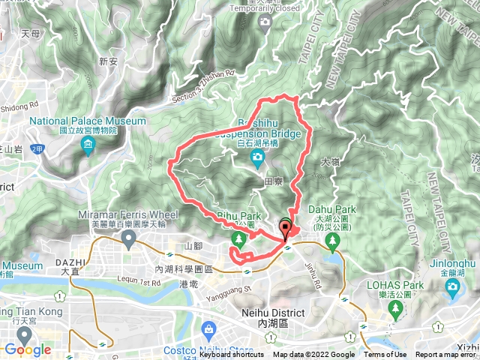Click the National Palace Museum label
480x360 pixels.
click(88, 121)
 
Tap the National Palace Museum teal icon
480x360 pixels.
click(88, 144)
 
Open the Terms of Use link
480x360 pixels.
click(385, 355)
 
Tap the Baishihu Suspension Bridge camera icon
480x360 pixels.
click(257, 157)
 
